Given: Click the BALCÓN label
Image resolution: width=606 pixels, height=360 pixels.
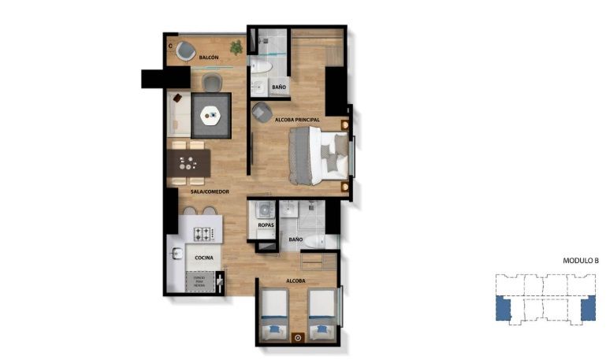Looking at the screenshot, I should pyautogui.click(x=209, y=58).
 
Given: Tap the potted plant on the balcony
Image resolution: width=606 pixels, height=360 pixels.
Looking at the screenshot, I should pyautogui.click(x=236, y=48).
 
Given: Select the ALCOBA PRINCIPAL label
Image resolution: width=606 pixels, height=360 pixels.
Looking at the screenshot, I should pyautogui.click(x=297, y=120).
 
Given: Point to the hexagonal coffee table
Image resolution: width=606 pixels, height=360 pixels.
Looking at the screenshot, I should pyautogui.click(x=211, y=115).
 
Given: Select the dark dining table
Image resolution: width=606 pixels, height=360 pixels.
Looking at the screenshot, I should pyautogui.click(x=189, y=163).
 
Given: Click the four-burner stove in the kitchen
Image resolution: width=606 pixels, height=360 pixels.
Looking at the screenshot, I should pyautogui.click(x=204, y=234).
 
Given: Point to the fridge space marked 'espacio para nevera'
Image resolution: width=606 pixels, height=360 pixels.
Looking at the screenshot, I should pyautogui.click(x=200, y=280).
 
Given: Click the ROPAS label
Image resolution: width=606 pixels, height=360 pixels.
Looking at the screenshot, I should pyautogui.click(x=265, y=226).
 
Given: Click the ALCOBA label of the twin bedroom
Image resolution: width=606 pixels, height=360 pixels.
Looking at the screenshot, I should pyautogui.click(x=296, y=280).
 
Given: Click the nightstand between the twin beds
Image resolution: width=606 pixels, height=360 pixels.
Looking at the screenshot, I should pyautogui.click(x=298, y=338).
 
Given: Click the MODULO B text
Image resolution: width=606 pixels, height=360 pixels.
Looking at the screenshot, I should pyautogui.click(x=581, y=261).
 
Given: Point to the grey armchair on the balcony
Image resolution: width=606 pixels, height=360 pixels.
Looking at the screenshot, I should pyautogui.click(x=186, y=50).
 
